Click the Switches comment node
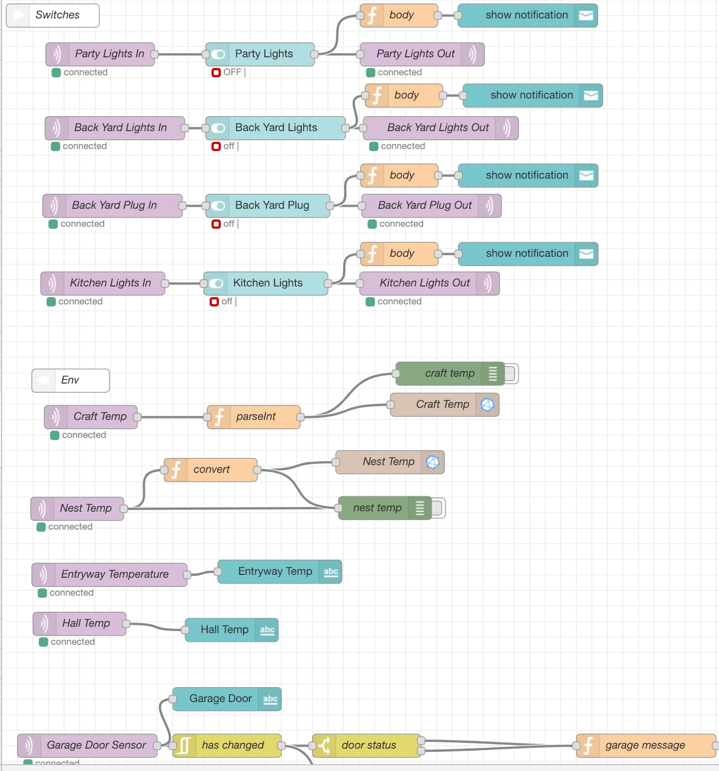tap(52, 16)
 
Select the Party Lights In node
tap(100, 54)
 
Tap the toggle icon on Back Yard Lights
tap(217, 128)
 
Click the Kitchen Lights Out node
tap(429, 283)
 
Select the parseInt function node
tap(254, 417)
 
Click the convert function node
tap(211, 469)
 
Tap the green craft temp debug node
tap(450, 373)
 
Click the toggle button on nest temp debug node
tap(438, 508)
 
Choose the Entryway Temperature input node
tap(110, 574)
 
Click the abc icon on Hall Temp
tap(267, 630)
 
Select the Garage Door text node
tap(227, 699)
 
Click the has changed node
tap(227, 745)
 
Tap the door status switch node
tap(367, 745)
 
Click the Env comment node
tap(71, 381)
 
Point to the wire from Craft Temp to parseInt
tap(172, 417)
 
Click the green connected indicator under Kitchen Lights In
tap(51, 302)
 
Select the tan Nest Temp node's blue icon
tap(433, 462)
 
